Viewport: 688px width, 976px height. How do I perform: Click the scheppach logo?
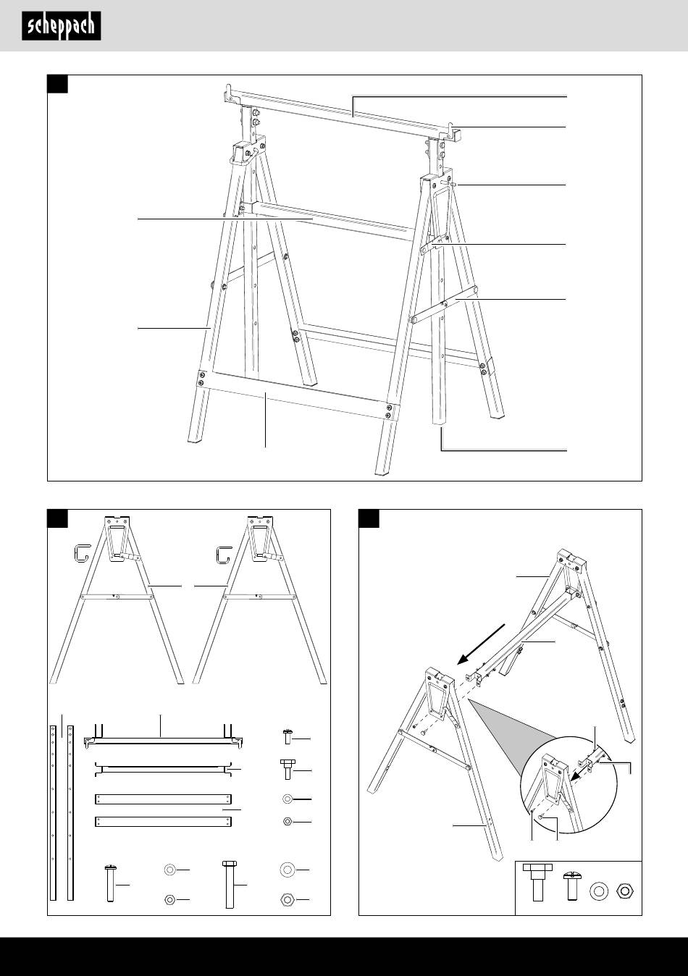tap(61, 26)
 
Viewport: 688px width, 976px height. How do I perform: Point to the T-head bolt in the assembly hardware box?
tap(537, 880)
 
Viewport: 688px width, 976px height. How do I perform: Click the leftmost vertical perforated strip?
tap(53, 811)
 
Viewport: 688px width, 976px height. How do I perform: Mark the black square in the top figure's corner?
tap(58, 85)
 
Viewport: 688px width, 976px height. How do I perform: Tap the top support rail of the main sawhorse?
tap(340, 112)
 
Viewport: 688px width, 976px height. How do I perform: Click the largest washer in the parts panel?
tap(286, 869)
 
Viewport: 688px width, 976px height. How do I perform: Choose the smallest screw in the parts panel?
tap(286, 737)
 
